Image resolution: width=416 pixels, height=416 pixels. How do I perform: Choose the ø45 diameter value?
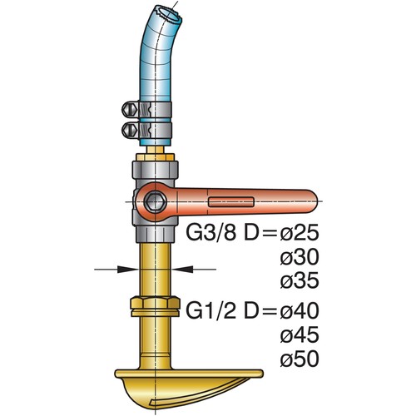[300, 337]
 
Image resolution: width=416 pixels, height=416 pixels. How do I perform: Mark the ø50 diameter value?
[300, 360]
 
